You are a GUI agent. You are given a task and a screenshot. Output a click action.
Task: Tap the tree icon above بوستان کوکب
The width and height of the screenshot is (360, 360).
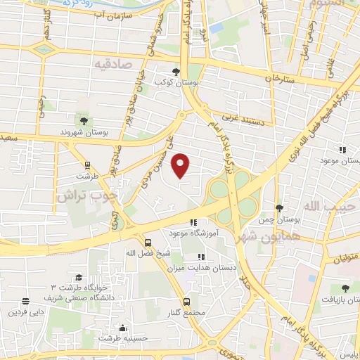pos(176,71)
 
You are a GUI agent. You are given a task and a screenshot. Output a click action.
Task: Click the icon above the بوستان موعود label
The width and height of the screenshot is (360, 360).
pos(343,150)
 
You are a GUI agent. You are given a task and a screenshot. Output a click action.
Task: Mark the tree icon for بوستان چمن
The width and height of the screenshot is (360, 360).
pos(279,208)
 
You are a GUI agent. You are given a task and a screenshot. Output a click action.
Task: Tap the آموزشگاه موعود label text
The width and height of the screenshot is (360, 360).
pos(194,232)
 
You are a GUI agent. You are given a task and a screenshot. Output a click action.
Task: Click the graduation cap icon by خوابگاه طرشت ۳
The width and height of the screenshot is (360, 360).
pos(78,278)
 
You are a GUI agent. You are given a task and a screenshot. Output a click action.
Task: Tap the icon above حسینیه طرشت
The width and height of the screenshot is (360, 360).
pos(124,327)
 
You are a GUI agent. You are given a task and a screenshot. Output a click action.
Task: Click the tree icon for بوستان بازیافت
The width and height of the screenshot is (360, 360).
pos(345,288)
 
